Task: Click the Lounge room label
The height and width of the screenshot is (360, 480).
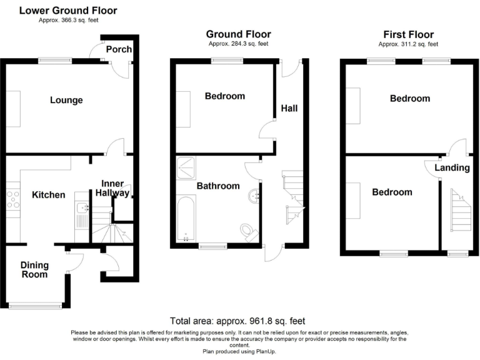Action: pos(66,100)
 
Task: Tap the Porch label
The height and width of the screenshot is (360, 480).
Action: pos(117,49)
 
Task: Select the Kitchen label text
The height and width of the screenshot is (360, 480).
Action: pos(49,195)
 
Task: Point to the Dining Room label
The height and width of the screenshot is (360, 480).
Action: pos(34,269)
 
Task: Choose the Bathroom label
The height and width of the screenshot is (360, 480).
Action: pos(218,186)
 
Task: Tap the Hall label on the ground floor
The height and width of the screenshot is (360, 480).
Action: pos(289,108)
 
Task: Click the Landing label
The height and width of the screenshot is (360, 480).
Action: pos(452,167)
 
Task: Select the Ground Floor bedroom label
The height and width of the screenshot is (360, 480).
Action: pos(225,96)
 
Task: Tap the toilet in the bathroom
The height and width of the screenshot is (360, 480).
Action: pos(250,232)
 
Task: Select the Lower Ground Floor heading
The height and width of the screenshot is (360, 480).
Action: pos(68,11)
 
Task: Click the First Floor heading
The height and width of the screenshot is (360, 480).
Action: pos(407,34)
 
